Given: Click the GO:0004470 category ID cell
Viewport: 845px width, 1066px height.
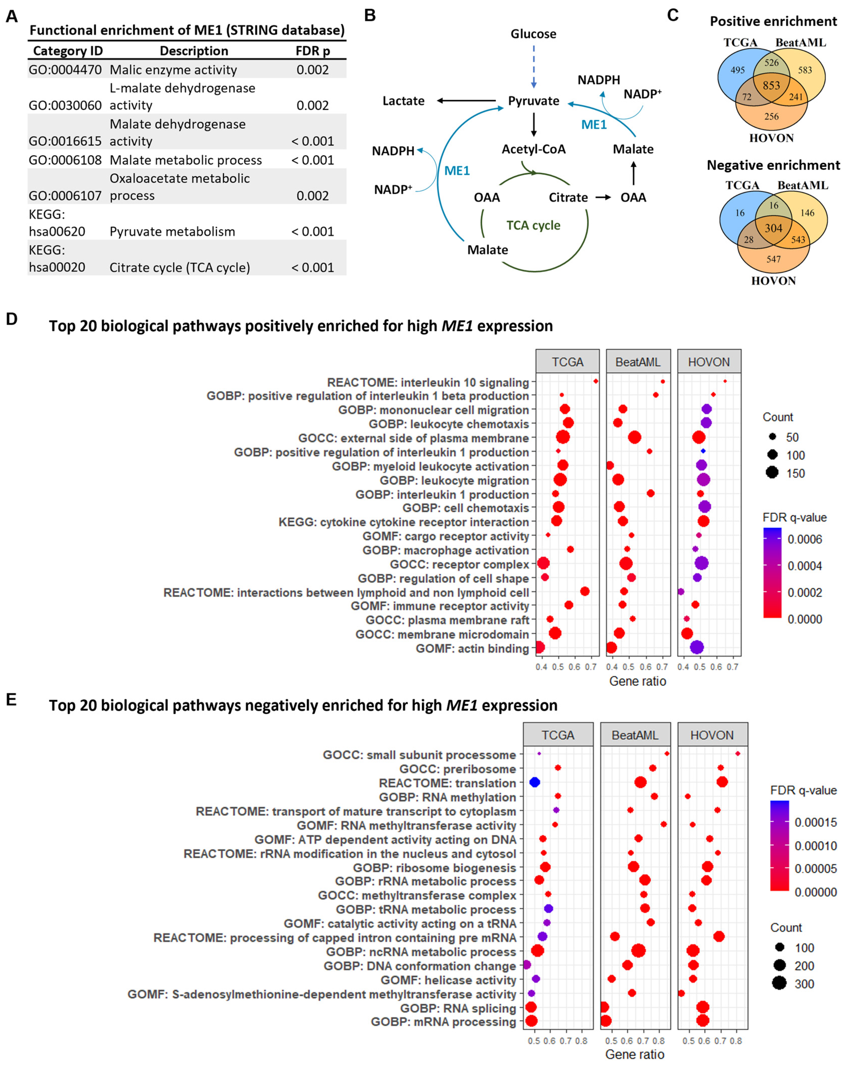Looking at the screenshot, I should (x=65, y=70).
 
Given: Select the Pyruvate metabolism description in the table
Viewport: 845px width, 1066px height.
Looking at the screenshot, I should (x=172, y=231).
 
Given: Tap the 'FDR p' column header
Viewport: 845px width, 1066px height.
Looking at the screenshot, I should (x=312, y=51).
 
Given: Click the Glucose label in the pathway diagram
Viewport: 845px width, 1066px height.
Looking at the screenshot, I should (x=533, y=34).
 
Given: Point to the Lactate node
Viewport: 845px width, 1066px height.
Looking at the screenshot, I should (x=403, y=101).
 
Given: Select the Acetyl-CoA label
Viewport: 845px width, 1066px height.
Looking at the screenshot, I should (x=534, y=149).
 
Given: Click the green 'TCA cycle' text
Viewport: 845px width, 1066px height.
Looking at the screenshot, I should (x=533, y=226).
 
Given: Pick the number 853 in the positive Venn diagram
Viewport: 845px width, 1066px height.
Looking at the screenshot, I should (x=771, y=86).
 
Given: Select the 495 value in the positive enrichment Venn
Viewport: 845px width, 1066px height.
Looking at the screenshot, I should (x=737, y=70).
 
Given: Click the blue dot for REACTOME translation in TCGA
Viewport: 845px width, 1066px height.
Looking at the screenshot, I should (x=535, y=782).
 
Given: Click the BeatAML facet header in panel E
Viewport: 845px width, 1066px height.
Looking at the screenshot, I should (x=635, y=735).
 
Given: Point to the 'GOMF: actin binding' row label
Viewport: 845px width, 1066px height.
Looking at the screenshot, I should (x=472, y=648).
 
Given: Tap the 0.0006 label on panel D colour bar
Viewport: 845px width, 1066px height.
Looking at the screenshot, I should (x=805, y=540).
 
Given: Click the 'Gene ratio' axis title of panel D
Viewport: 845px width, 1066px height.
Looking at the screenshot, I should (x=637, y=681).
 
